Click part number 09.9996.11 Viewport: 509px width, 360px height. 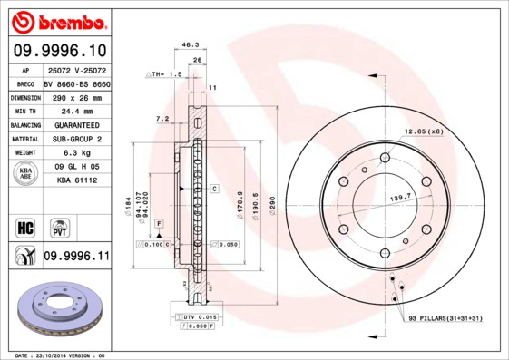pyautogui.click(x=75, y=257)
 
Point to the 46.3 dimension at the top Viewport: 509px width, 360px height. pyautogui.click(x=191, y=44)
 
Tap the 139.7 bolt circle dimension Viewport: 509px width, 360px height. pyautogui.click(x=400, y=196)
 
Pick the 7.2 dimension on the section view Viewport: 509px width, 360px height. pyautogui.click(x=162, y=119)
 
